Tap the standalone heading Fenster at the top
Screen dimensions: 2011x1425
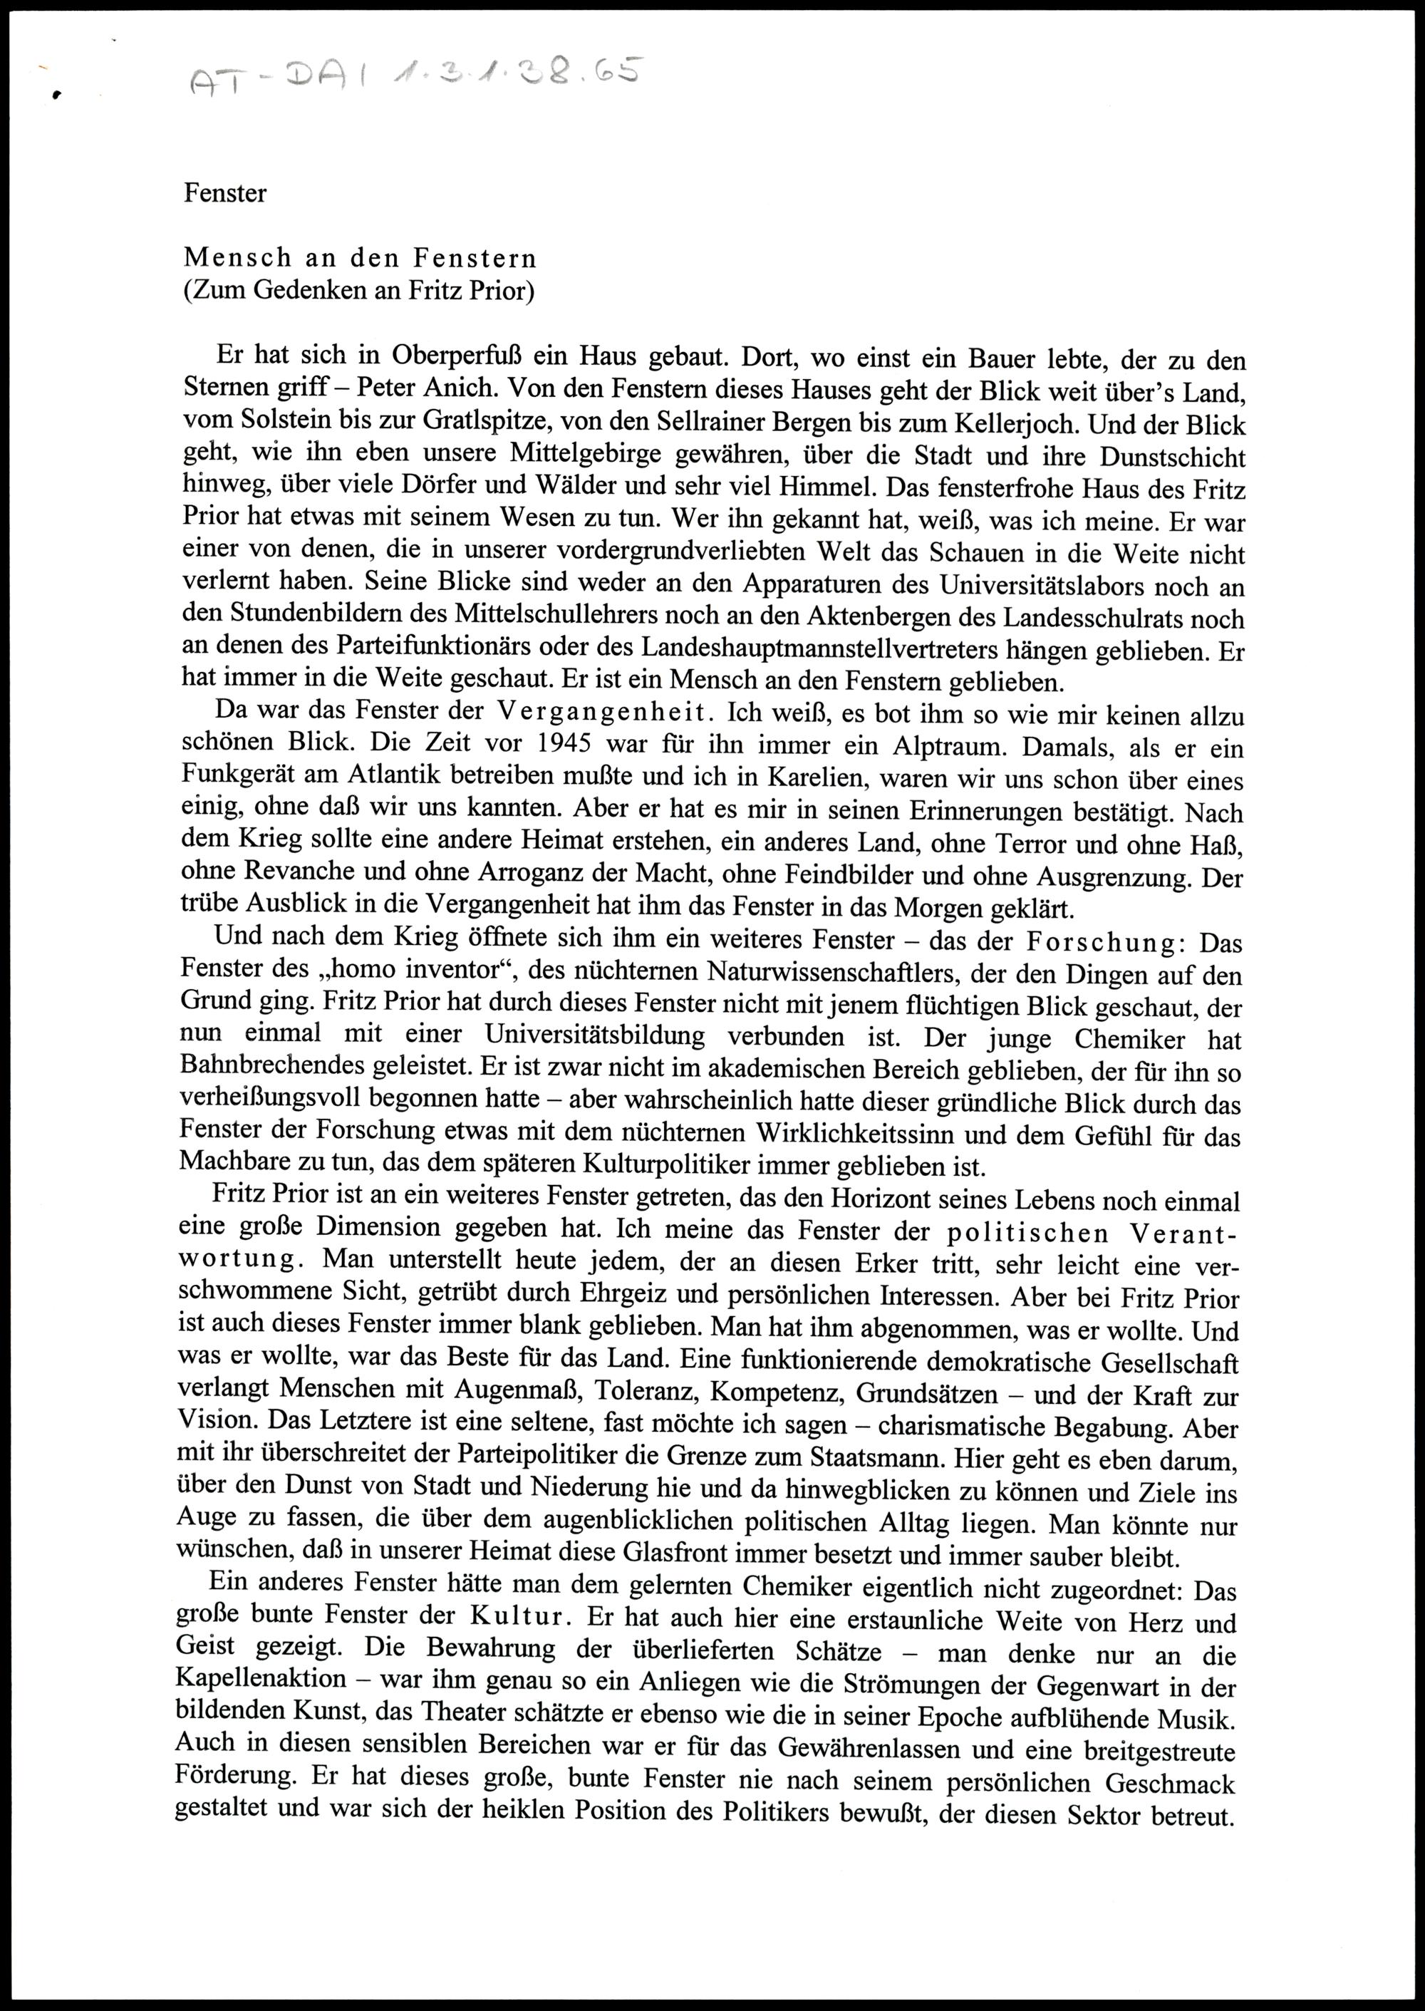pos(224,194)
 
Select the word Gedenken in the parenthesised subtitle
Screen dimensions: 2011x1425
pos(310,291)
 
